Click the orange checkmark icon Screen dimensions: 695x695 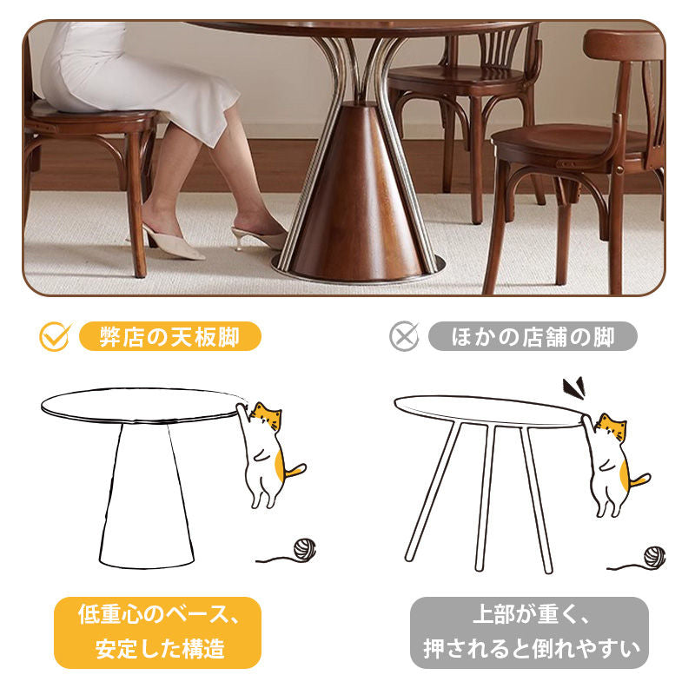(x=55, y=337)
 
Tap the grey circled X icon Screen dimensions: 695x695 (x=404, y=336)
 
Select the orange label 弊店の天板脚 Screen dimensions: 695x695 (x=169, y=336)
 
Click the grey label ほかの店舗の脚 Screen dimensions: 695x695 (x=533, y=336)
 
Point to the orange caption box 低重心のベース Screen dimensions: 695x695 (x=157, y=632)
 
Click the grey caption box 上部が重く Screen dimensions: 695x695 (x=529, y=632)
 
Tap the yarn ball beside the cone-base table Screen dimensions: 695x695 (x=305, y=549)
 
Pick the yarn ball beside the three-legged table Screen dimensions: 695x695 (x=654, y=557)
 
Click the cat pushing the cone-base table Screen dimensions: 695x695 (x=268, y=454)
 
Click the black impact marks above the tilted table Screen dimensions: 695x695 (x=574, y=387)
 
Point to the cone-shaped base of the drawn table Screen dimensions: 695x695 (x=146, y=495)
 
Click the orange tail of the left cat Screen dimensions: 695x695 (x=295, y=471)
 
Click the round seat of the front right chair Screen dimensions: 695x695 (x=572, y=141)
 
